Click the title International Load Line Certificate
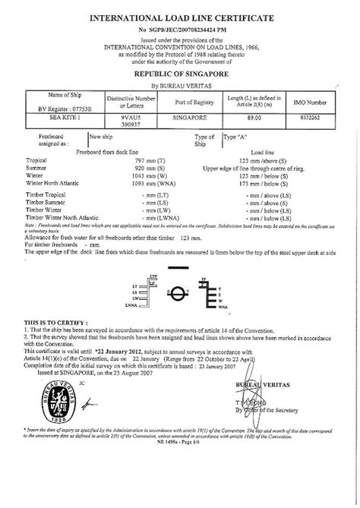[180, 14]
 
